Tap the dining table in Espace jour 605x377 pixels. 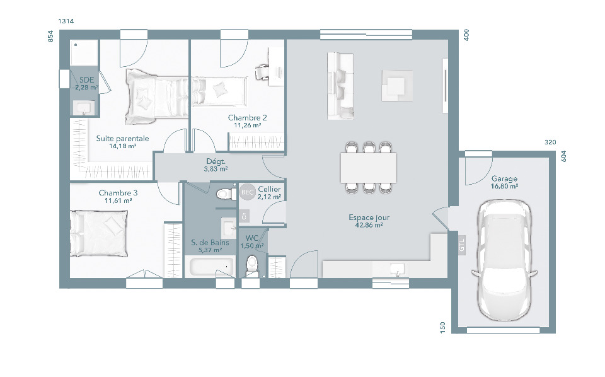pyautogui.click(x=369, y=168)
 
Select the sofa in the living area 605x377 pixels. pyautogui.click(x=340, y=86)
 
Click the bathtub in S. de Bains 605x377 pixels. pyautogui.click(x=210, y=267)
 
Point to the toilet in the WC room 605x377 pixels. pyautogui.click(x=252, y=265)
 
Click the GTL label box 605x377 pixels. pyautogui.click(x=462, y=245)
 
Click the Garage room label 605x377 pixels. pyautogui.click(x=504, y=178)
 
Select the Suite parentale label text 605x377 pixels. pyautogui.click(x=122, y=138)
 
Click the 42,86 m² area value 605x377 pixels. pyautogui.click(x=369, y=224)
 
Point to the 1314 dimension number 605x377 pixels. pyautogui.click(x=66, y=21)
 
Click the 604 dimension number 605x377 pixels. pyautogui.click(x=563, y=156)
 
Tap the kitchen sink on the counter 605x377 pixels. pyautogui.click(x=397, y=269)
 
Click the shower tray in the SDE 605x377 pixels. pyautogui.click(x=84, y=53)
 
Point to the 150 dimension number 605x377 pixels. pyautogui.click(x=443, y=327)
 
